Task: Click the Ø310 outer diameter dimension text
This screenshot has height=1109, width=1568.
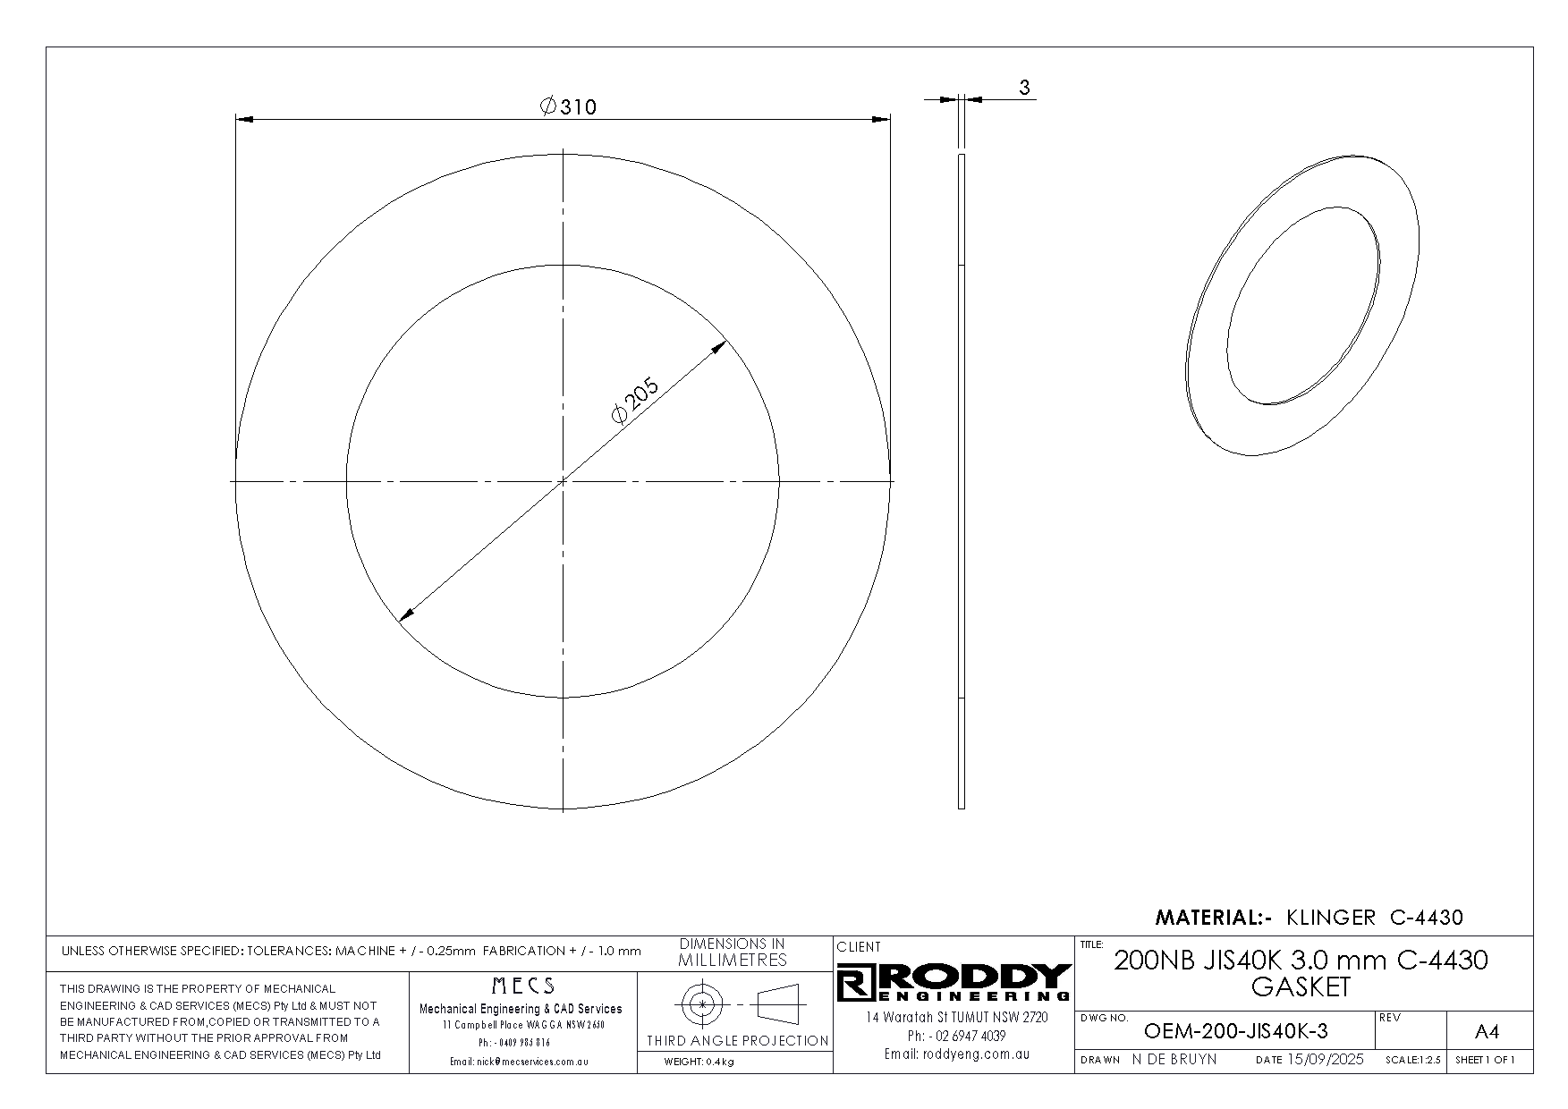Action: tap(568, 106)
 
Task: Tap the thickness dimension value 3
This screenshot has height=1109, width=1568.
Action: tap(1025, 87)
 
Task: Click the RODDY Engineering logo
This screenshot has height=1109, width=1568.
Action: tap(954, 982)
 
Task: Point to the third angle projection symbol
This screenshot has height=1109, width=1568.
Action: tap(737, 1004)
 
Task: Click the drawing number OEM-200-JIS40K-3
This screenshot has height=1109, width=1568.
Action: tap(1235, 1031)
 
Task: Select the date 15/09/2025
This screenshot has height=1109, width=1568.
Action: tap(1325, 1059)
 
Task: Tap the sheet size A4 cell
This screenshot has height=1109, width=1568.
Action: tap(1486, 1032)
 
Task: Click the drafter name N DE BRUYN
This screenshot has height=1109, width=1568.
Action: tap(1174, 1059)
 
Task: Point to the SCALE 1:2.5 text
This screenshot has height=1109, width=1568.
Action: tap(1413, 1060)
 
